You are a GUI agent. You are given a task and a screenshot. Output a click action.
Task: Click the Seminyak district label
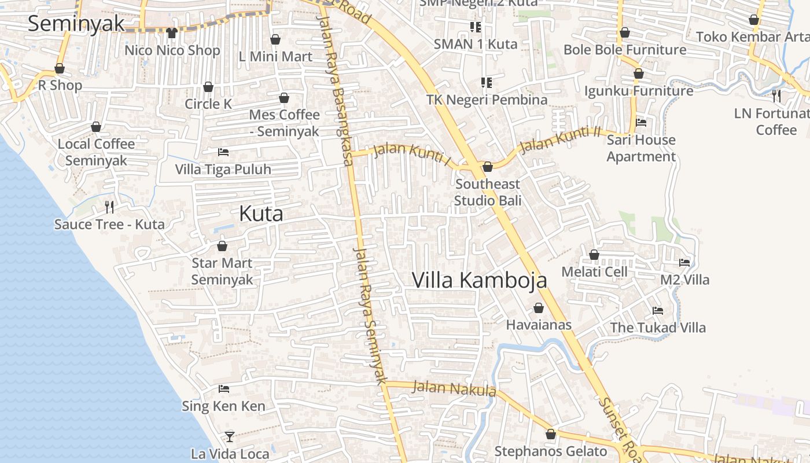pyautogui.click(x=76, y=24)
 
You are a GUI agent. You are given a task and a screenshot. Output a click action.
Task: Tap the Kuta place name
pyautogui.click(x=261, y=214)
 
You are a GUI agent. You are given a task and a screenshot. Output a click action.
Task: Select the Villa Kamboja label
pyautogui.click(x=479, y=280)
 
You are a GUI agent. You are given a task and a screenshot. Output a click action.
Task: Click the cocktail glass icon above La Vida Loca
pyautogui.click(x=230, y=436)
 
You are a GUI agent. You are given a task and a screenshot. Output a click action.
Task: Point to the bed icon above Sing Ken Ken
pyautogui.click(x=224, y=389)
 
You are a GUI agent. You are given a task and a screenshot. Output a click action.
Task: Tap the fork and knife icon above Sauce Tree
pyautogui.click(x=109, y=207)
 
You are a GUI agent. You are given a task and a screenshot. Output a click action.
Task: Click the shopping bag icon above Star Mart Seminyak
pyautogui.click(x=222, y=246)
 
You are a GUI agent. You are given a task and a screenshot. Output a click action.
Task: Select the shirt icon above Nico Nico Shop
pyautogui.click(x=172, y=32)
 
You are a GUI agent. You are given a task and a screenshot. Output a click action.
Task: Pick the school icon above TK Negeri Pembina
pyautogui.click(x=487, y=83)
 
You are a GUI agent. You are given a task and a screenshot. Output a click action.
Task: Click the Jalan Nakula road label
pyautogui.click(x=454, y=388)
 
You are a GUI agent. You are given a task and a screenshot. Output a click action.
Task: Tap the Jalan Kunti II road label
pyautogui.click(x=561, y=139)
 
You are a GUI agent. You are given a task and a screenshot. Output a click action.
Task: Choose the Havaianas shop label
pyautogui.click(x=539, y=325)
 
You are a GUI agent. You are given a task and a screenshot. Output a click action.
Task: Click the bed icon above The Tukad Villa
pyautogui.click(x=658, y=311)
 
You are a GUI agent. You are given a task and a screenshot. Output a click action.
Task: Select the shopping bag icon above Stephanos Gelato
pyautogui.click(x=551, y=434)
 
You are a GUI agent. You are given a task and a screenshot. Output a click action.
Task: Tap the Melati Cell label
pyautogui.click(x=594, y=272)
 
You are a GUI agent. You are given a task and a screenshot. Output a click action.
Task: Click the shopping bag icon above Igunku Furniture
pyautogui.click(x=639, y=74)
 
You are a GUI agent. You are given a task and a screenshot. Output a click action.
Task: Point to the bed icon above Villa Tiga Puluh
pyautogui.click(x=223, y=152)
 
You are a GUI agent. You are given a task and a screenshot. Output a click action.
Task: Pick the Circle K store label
pyautogui.click(x=208, y=104)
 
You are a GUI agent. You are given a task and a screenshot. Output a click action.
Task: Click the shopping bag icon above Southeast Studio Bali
pyautogui.click(x=488, y=167)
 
